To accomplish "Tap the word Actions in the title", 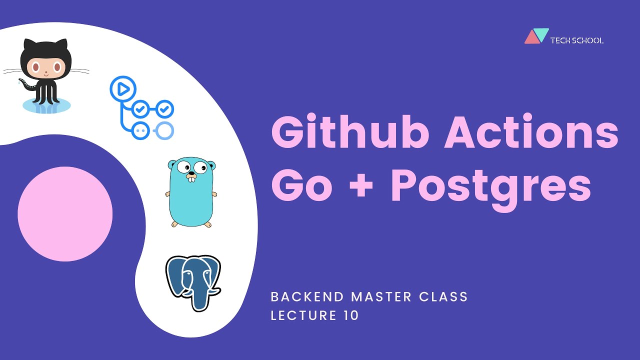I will (531, 133).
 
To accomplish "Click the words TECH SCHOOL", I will (576, 40).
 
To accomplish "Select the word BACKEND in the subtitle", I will (307, 296).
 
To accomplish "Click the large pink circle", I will (65, 214).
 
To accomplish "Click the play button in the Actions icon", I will (122, 89).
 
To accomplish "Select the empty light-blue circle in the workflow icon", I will (164, 130).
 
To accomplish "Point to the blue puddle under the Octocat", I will (46, 105).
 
